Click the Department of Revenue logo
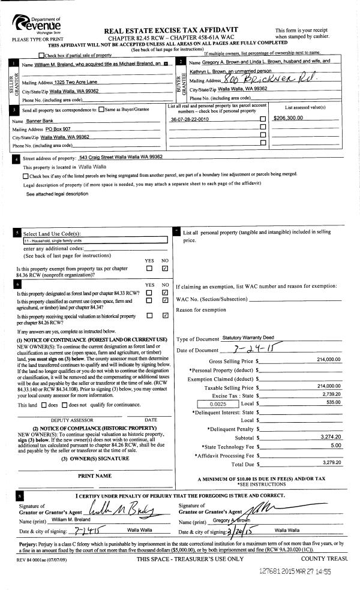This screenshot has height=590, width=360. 37,25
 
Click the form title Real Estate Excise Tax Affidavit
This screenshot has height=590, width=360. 171,29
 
